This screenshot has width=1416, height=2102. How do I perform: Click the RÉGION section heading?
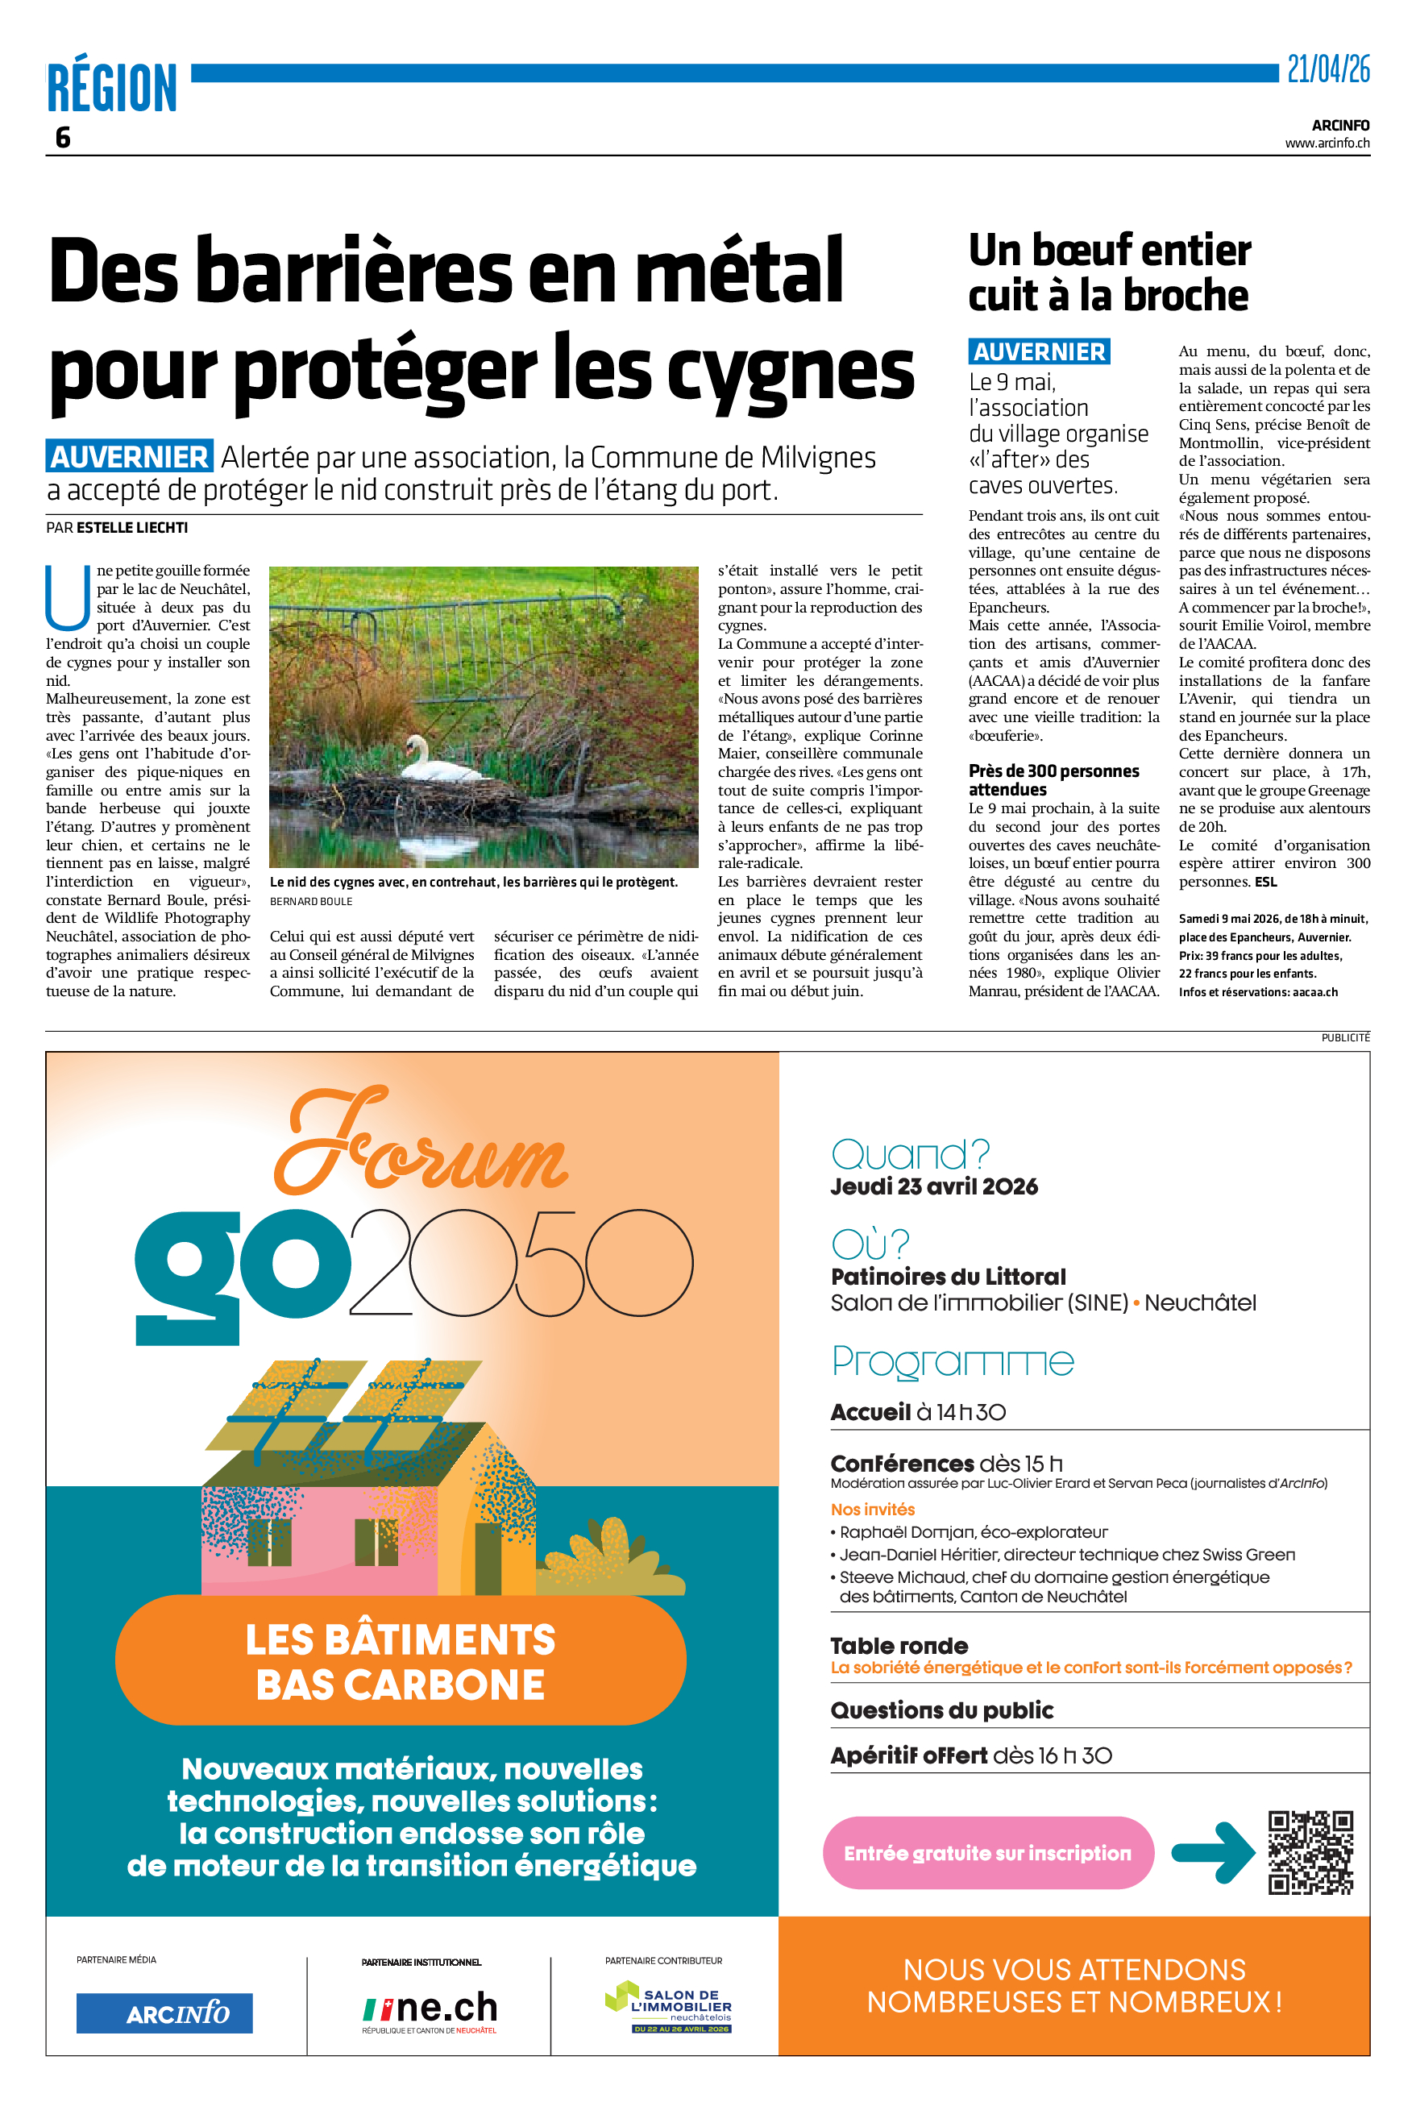(112, 88)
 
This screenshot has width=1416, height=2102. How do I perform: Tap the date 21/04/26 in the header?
(1327, 69)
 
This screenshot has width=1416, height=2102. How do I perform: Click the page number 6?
(62, 137)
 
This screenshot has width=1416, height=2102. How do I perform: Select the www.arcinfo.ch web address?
(1327, 143)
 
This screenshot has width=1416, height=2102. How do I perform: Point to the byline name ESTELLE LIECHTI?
(132, 527)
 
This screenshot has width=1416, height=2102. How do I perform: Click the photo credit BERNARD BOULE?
(310, 901)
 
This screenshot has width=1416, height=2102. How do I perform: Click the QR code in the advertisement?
(1310, 1852)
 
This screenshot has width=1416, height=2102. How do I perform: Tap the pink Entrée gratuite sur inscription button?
(987, 1853)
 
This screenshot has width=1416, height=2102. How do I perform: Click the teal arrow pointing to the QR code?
(1213, 1853)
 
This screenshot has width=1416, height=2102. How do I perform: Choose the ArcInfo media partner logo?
(164, 2013)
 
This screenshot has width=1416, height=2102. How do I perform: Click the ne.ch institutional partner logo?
(430, 2010)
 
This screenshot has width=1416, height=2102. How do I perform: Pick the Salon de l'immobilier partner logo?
(668, 2007)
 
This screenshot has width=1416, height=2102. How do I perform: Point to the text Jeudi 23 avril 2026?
(934, 1186)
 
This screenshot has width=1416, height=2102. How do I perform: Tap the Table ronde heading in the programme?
(899, 1646)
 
